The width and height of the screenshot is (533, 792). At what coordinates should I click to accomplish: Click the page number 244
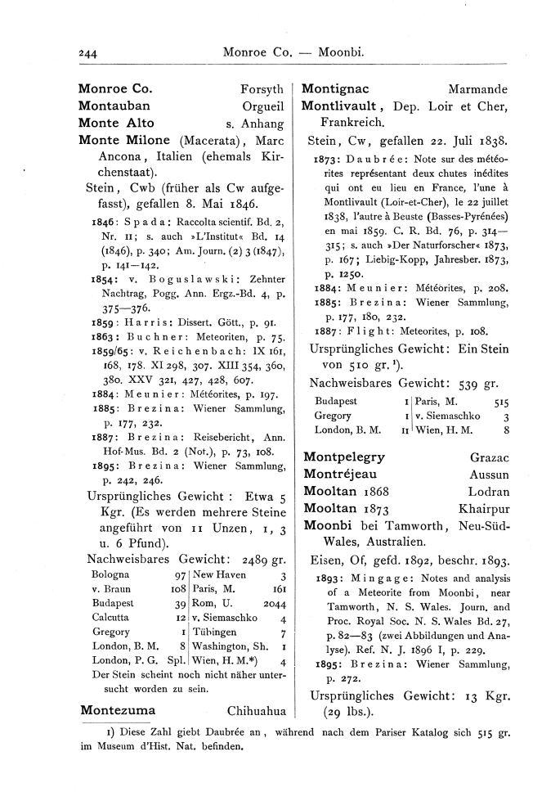[88, 54]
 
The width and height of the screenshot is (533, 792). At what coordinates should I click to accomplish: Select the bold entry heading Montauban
[114, 106]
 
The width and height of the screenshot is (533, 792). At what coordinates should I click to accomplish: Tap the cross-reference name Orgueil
[263, 106]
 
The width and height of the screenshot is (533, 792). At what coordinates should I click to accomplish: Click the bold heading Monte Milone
[124, 140]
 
